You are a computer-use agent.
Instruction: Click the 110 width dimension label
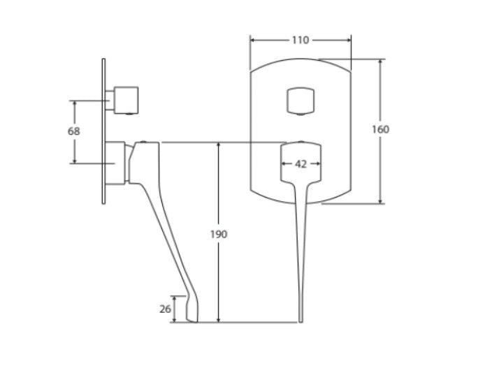click(301, 40)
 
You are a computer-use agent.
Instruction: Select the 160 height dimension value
click(380, 129)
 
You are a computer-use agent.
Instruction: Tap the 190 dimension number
click(219, 234)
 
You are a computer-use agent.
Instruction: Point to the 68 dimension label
click(74, 131)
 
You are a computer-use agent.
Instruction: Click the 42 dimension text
click(301, 164)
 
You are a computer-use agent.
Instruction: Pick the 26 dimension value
click(165, 309)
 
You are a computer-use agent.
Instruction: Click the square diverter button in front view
click(301, 101)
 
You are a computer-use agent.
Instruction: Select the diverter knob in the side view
click(126, 100)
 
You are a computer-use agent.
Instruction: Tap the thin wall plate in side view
click(103, 131)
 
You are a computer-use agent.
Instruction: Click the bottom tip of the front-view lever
click(301, 322)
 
